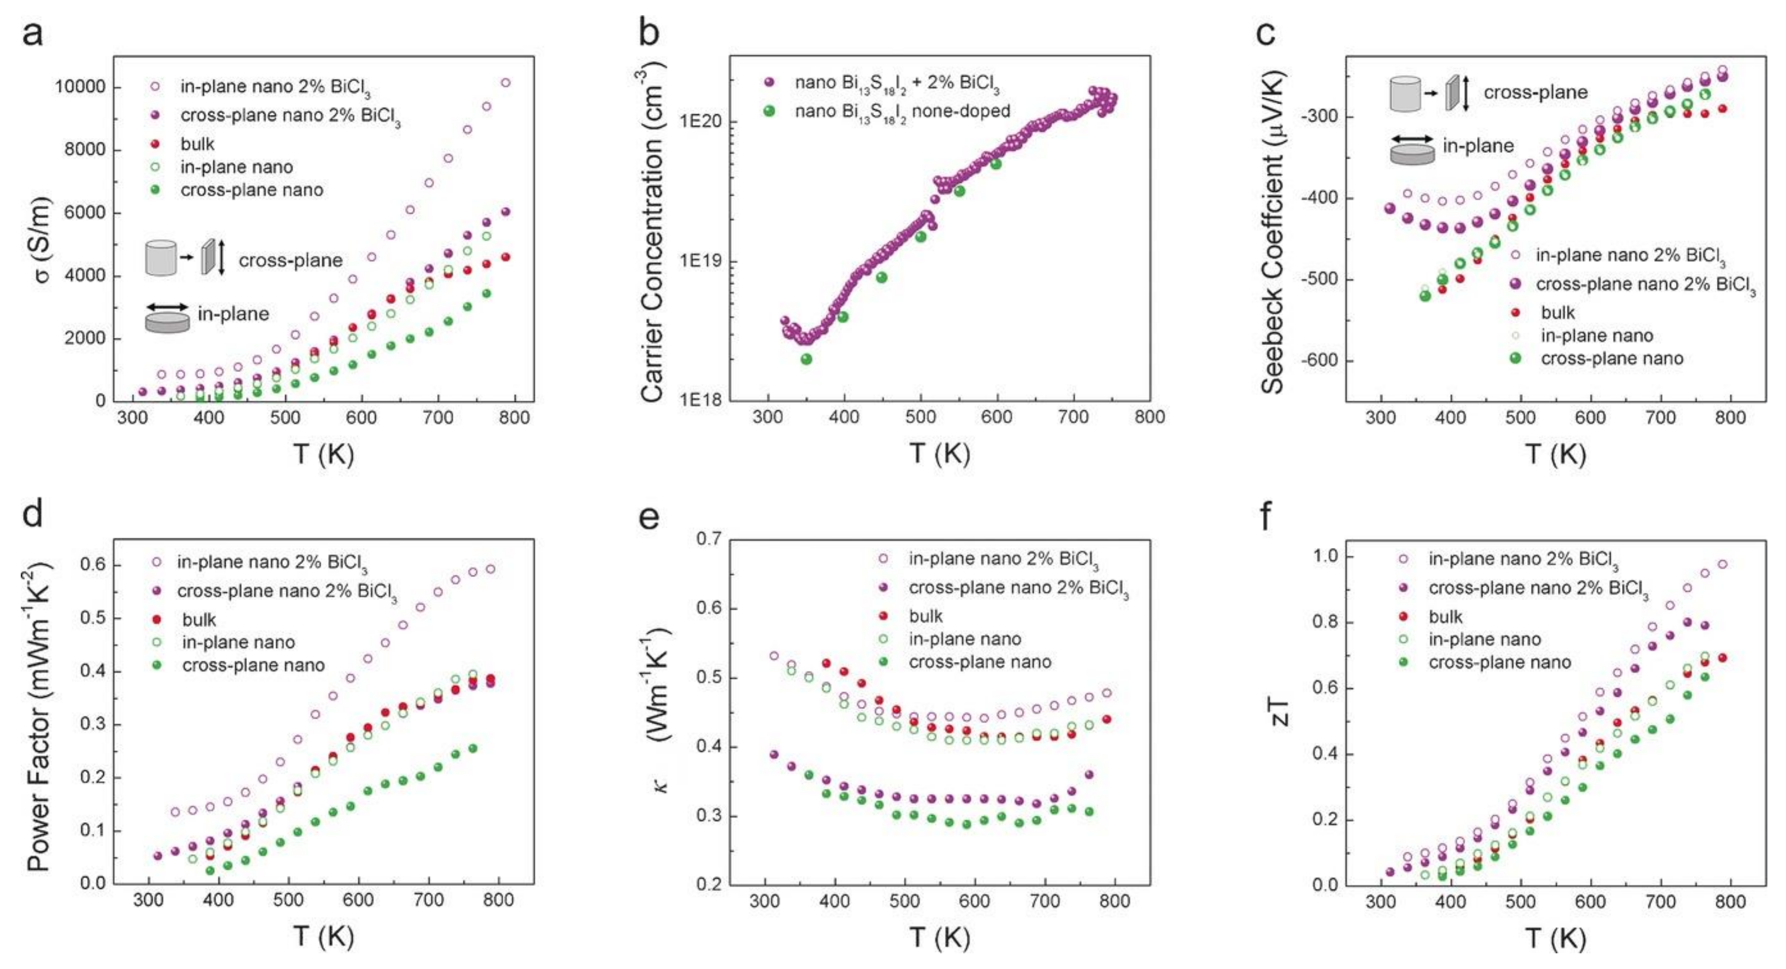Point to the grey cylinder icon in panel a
(x=161, y=258)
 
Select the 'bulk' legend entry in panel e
(x=925, y=616)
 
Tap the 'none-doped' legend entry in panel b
(x=901, y=111)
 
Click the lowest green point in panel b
(x=806, y=359)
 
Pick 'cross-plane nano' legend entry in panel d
(x=252, y=666)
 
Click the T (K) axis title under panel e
(x=939, y=937)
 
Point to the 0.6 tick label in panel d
(x=93, y=565)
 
